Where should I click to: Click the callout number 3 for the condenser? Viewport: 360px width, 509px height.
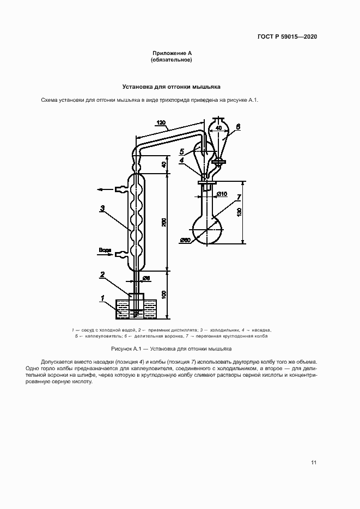coord(103,207)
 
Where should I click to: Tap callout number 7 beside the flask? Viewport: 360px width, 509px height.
coord(239,197)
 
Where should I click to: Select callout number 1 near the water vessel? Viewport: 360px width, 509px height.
coord(102,297)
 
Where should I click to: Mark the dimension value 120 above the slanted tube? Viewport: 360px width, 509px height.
coord(162,123)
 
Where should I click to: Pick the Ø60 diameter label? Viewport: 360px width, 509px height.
coord(184,240)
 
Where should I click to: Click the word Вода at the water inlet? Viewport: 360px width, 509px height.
coord(105,250)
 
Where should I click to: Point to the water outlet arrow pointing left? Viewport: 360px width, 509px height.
coord(101,189)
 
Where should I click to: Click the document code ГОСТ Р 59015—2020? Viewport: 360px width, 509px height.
coord(287,37)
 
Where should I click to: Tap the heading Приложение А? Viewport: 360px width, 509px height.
coord(172,53)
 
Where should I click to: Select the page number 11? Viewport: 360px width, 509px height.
coord(314,463)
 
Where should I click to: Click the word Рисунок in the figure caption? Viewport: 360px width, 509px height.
coord(122,348)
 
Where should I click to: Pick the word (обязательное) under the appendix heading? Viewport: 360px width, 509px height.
coord(172,60)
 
